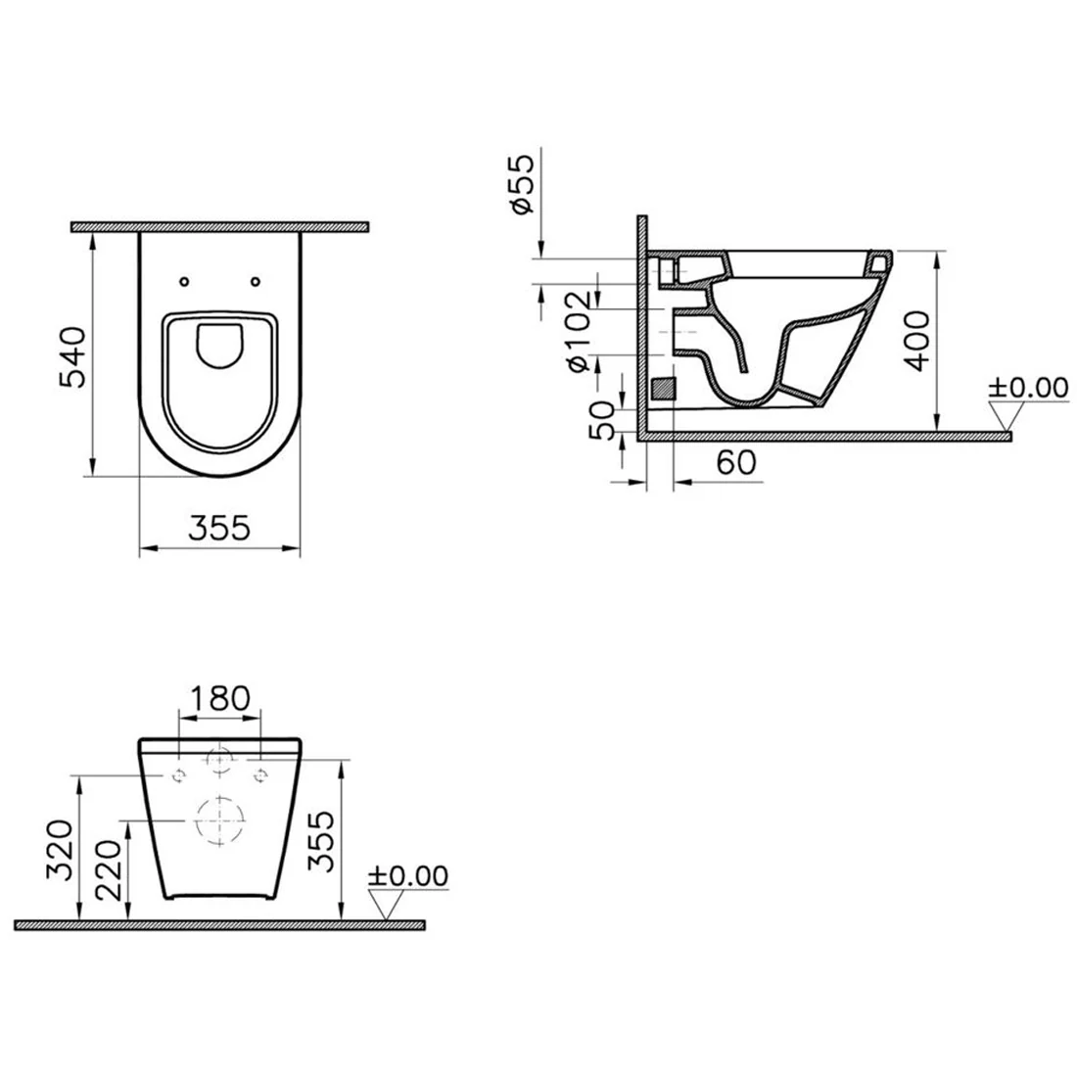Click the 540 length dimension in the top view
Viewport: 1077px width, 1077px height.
click(73, 357)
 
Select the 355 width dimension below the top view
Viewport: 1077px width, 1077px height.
click(219, 528)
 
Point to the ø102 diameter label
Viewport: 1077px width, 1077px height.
click(578, 331)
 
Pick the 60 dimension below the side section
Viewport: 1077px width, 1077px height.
click(736, 462)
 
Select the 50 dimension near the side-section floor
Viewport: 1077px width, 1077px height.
click(602, 420)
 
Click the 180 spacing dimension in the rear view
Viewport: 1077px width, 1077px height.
click(219, 699)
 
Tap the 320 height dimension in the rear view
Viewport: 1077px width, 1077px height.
click(60, 849)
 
